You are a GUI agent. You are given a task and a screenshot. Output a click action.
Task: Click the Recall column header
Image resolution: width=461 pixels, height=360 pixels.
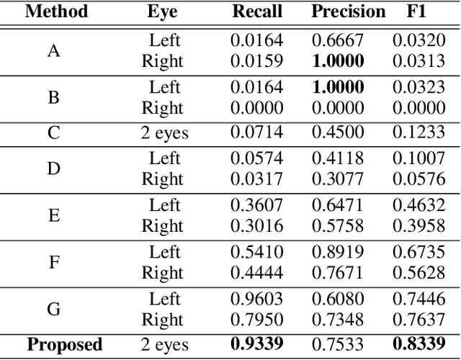[257, 12]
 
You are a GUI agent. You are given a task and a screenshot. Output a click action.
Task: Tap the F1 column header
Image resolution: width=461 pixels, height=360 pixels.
[419, 12]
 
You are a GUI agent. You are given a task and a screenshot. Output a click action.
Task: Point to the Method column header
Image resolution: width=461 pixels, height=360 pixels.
[56, 12]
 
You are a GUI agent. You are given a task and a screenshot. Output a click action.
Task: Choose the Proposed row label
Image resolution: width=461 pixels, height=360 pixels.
[65, 345]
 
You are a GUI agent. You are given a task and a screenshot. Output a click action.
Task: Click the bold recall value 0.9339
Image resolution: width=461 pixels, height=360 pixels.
[257, 345]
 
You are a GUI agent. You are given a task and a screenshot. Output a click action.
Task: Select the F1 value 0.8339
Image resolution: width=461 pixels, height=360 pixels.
[419, 345]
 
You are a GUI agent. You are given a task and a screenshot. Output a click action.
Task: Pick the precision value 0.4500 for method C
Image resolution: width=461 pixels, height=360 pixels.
[338, 133]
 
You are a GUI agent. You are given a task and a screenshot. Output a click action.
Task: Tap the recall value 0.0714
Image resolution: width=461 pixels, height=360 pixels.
[257, 133]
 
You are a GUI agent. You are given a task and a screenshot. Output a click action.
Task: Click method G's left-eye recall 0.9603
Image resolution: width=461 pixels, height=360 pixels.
[257, 299]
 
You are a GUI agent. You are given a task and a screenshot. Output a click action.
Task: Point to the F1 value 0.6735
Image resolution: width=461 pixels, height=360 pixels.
[419, 252]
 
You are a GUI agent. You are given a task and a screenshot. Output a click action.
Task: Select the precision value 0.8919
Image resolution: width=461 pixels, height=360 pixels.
[338, 252]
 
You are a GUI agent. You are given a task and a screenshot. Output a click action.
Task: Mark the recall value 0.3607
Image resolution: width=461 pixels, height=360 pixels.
[257, 205]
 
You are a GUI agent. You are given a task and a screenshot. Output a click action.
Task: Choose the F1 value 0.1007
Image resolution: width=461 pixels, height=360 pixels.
[419, 158]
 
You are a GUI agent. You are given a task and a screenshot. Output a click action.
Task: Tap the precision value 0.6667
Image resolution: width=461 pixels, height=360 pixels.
[338, 40]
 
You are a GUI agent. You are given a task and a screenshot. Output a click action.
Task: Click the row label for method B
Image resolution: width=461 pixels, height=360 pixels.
[54, 96]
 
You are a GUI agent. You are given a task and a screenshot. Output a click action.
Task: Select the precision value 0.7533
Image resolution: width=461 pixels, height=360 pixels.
[338, 345]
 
